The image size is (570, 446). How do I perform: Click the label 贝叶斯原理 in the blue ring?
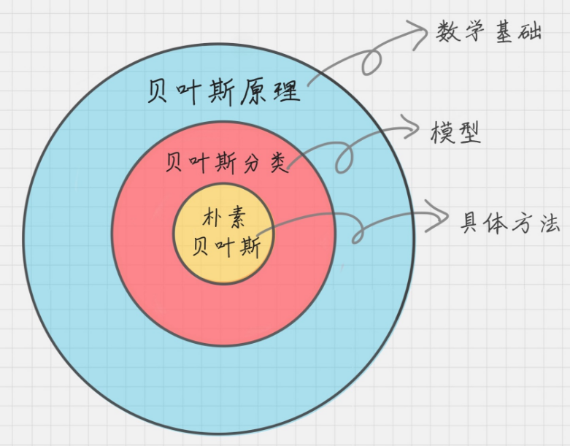223,93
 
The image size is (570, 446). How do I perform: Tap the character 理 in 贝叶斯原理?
286,93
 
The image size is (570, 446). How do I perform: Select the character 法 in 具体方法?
548,223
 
